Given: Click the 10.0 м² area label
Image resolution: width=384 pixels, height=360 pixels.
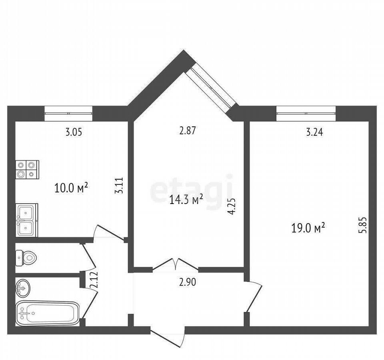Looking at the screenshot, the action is [x=71, y=188].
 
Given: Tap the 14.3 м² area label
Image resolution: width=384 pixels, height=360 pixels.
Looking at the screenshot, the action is [x=186, y=199].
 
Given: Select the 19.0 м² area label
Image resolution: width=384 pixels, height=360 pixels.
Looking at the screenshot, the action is [x=308, y=228].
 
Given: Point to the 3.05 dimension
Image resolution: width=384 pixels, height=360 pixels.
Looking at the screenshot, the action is [x=74, y=132].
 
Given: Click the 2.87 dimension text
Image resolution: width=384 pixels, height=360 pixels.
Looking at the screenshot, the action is [x=188, y=131].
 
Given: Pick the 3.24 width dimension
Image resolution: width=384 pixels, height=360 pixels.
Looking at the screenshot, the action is [x=315, y=132].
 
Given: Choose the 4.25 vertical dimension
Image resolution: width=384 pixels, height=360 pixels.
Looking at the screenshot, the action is [x=232, y=206].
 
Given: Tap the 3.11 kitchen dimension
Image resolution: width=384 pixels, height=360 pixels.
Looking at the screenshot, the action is [x=119, y=186].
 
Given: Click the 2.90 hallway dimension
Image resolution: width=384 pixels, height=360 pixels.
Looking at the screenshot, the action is [x=188, y=282].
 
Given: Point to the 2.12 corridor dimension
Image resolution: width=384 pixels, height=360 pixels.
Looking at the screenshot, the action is [x=94, y=280].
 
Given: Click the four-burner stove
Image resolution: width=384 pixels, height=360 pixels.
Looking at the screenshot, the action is [x=27, y=170].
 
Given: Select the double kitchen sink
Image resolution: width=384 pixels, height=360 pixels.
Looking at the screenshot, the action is [x=27, y=220].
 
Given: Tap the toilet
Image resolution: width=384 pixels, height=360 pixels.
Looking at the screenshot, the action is [x=26, y=258].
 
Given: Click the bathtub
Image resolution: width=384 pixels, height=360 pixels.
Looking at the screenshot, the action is [x=48, y=314].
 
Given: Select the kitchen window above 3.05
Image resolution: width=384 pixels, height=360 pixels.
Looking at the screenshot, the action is [x=68, y=114].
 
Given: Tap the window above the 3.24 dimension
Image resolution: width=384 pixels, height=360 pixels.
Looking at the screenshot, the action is [x=306, y=114].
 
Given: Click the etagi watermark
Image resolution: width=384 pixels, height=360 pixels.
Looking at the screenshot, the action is [x=191, y=192].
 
